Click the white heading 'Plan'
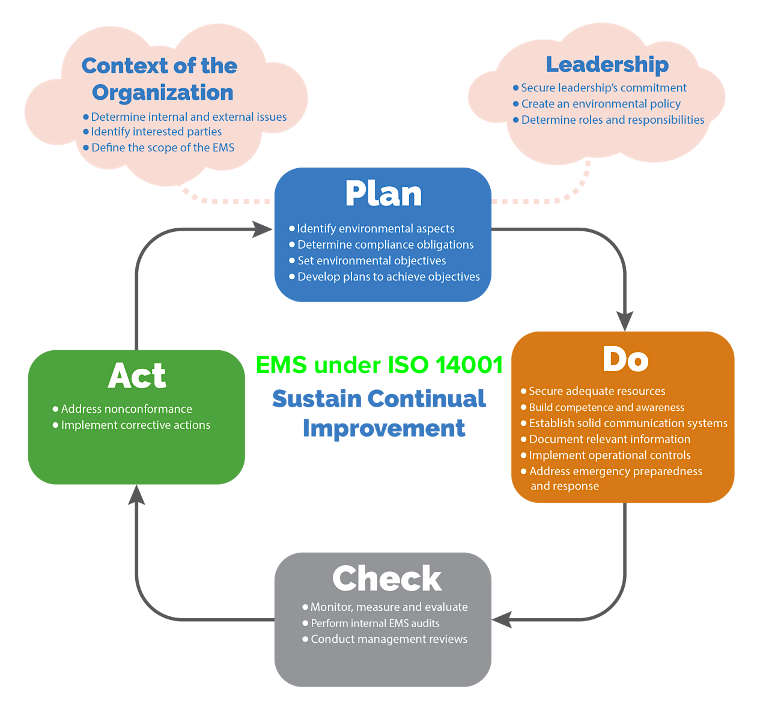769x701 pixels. (383, 194)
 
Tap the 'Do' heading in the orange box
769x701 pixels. (625, 359)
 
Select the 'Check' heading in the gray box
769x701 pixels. (387, 578)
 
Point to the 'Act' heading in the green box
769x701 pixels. (137, 376)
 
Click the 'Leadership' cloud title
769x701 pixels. (607, 64)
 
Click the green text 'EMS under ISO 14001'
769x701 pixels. (379, 364)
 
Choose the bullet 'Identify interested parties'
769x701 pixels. (156, 132)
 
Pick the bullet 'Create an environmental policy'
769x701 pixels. (601, 104)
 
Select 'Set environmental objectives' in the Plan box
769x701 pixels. (371, 261)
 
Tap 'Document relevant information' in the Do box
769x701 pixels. (609, 439)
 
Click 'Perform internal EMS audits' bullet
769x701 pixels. (375, 624)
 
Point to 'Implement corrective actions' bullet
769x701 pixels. (136, 425)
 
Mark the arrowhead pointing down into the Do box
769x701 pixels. (625, 321)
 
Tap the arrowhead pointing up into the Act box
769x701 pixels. (137, 494)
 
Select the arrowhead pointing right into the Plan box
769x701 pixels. (263, 229)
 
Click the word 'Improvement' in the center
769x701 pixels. (383, 428)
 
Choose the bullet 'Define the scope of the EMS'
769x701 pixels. (163, 148)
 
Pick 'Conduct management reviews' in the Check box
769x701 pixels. (389, 639)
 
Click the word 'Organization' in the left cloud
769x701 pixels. (162, 93)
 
